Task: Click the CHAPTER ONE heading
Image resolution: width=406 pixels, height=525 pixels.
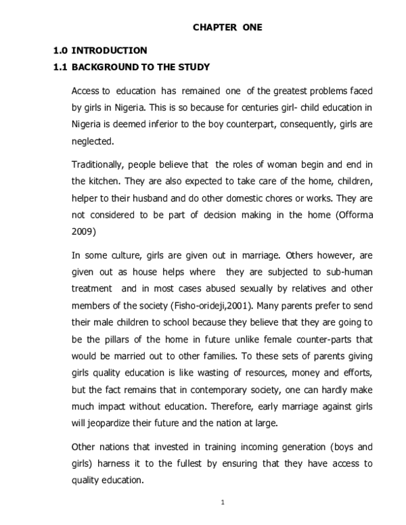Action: pyautogui.click(x=227, y=27)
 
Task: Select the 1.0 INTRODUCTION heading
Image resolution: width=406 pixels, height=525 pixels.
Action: pyautogui.click(x=100, y=51)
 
